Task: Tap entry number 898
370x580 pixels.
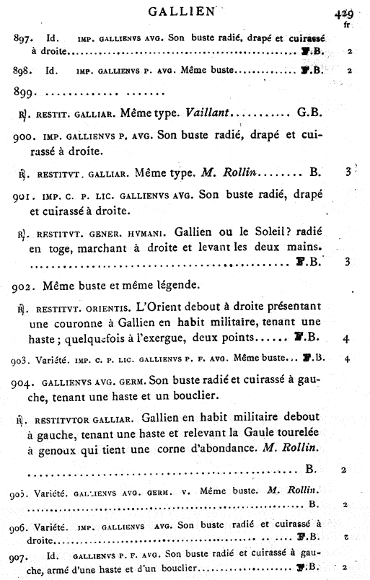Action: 23,71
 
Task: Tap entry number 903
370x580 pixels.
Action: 21,359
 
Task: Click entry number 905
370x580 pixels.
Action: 21,493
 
